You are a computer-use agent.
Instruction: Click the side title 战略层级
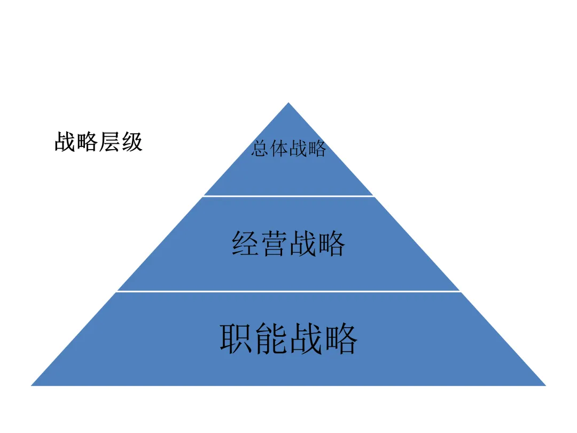pos(98,143)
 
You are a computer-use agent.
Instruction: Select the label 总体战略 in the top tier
pos(288,149)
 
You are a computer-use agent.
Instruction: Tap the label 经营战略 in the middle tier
pos(288,244)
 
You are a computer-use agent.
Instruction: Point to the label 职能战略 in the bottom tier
pos(288,338)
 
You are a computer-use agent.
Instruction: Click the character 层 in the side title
pos(110,143)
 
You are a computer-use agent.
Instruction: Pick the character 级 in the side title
pos(132,143)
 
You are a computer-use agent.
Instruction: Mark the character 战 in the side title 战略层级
pos(65,143)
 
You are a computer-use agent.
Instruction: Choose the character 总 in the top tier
pos(260,149)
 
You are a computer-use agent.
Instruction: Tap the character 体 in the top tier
pos(279,149)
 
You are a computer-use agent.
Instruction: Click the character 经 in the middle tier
pos(246,244)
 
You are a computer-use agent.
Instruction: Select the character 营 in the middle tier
pos(274,244)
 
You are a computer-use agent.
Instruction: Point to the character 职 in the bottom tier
pos(237,338)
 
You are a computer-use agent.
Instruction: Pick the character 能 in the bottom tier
pos(271,338)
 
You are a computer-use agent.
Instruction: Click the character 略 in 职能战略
pos(340,338)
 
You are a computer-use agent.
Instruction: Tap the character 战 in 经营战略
pos(303,244)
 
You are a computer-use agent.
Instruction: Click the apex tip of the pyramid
pos(288,104)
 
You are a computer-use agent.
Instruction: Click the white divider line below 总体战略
pos(288,196)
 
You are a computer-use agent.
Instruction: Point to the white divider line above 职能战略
pos(288,291)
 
